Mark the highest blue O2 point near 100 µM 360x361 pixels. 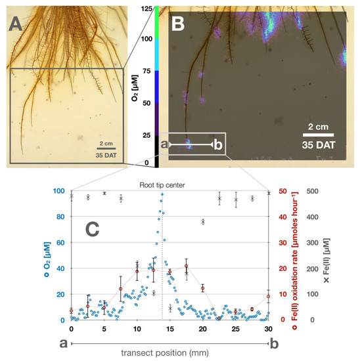pos(162,194)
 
